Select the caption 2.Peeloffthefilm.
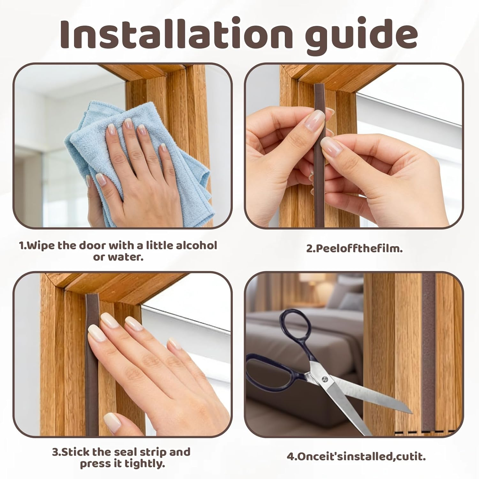click(x=354, y=248)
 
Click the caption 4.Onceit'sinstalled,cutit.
click(x=356, y=457)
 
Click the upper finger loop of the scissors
click(x=295, y=329)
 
